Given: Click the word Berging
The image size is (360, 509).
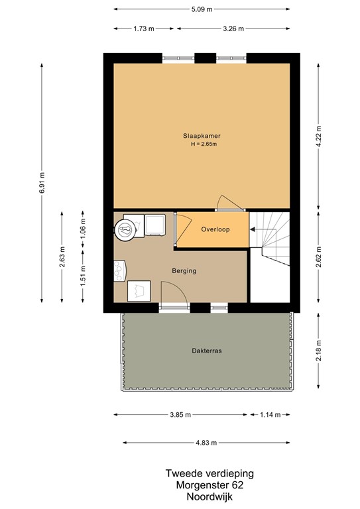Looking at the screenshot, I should (x=184, y=270).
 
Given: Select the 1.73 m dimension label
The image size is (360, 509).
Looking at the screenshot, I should (x=145, y=28).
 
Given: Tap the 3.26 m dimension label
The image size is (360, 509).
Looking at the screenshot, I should (x=233, y=28).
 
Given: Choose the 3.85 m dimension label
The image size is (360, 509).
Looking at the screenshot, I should (x=180, y=415).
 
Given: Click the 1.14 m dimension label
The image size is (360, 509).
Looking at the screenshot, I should (x=270, y=415).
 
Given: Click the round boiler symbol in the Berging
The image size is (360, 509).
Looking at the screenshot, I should (x=124, y=229).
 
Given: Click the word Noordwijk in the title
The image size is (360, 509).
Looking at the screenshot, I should (x=210, y=496).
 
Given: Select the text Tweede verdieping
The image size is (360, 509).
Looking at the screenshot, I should (x=210, y=474).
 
